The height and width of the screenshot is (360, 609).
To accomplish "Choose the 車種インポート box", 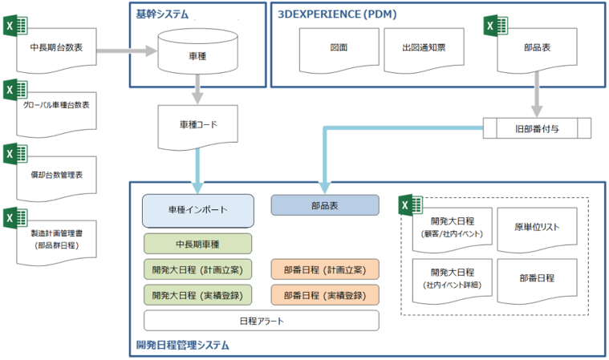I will click(x=198, y=210).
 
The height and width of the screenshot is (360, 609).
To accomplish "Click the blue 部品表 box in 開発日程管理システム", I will click(x=325, y=205).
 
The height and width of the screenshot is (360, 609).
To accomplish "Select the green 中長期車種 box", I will click(x=198, y=244).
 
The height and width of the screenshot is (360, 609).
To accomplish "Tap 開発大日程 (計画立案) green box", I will click(x=198, y=269).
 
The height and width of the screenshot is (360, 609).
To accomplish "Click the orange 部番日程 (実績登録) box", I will click(x=325, y=294).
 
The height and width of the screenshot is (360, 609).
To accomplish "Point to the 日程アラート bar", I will click(x=261, y=321).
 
